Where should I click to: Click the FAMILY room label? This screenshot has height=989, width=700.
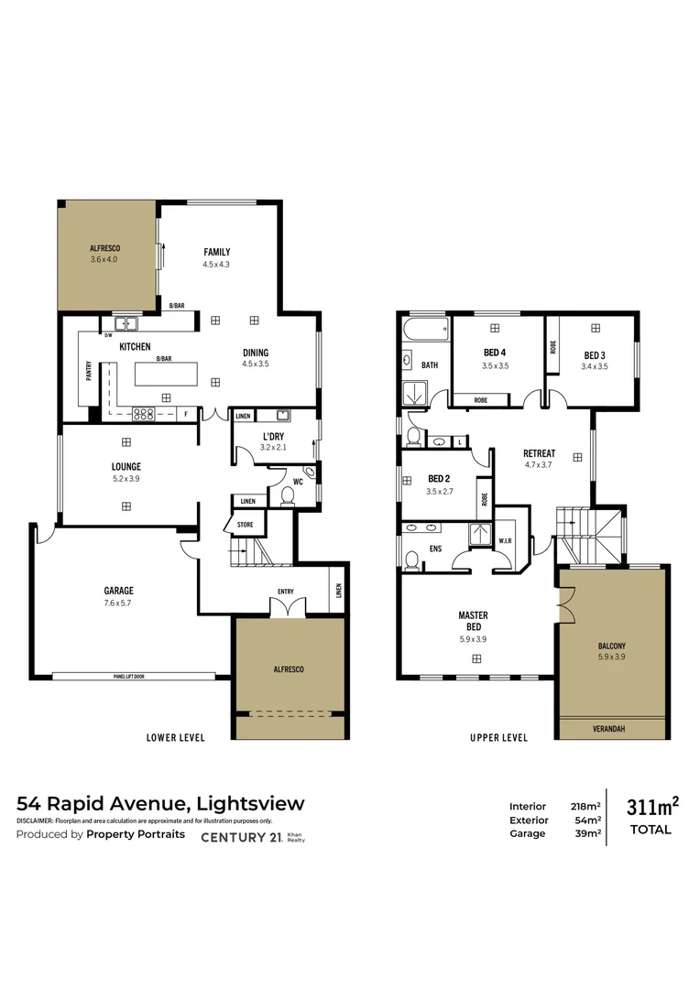216,252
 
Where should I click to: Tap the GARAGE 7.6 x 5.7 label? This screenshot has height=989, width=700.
118,591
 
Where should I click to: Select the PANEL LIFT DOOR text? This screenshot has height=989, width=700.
116,678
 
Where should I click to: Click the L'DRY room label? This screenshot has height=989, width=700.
273,436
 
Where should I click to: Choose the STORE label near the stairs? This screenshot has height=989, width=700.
246,525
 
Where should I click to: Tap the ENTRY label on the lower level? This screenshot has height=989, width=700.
286,592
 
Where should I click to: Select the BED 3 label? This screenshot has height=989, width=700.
594,355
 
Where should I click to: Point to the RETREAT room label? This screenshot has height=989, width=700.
539,453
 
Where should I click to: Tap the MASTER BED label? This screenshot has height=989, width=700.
474,621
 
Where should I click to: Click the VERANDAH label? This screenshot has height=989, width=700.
611,729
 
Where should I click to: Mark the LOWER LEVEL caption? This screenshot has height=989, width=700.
175,737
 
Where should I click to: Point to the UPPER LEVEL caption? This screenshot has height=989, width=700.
498,737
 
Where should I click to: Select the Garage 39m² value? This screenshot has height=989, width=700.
587,833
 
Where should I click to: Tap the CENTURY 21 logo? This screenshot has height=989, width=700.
243,836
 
